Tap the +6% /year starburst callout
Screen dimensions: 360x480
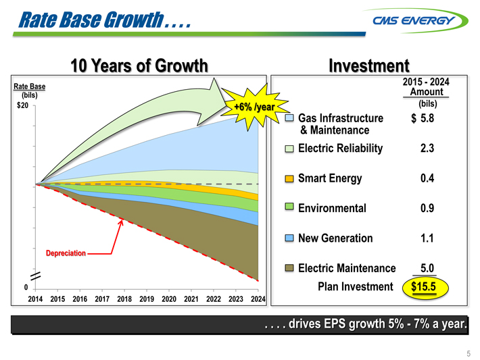(253, 107)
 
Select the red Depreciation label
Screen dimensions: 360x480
(66, 253)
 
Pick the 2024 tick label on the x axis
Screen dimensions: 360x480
(258, 299)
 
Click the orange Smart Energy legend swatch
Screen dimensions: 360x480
(289, 178)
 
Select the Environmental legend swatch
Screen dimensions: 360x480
(289, 207)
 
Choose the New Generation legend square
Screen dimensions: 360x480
(289, 238)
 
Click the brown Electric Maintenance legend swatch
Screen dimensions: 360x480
(289, 268)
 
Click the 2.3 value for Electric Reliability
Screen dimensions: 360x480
(427, 149)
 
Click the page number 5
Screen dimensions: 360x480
(467, 353)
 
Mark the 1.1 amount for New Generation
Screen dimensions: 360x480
(427, 238)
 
